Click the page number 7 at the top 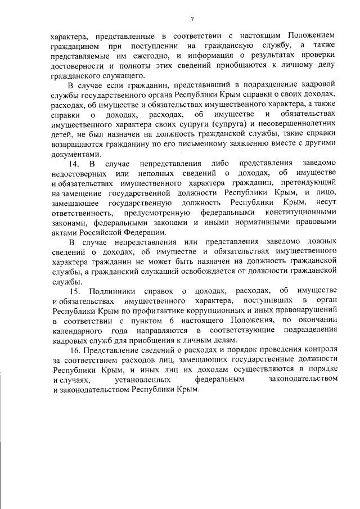(x=192, y=20)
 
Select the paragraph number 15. (x=75, y=290)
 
